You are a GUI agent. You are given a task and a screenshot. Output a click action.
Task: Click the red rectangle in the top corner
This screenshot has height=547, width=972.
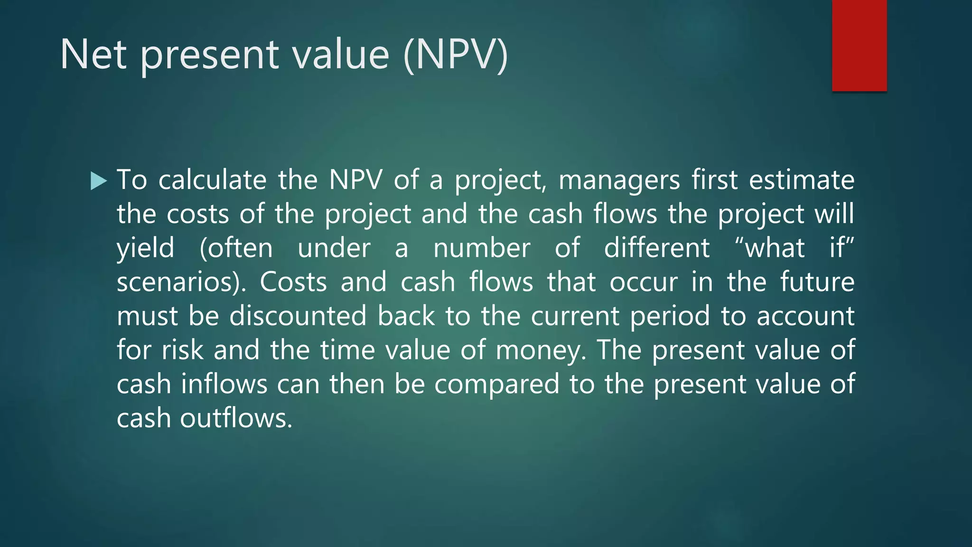click(x=859, y=45)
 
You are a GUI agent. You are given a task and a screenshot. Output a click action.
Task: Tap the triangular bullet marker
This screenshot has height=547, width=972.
click(x=98, y=181)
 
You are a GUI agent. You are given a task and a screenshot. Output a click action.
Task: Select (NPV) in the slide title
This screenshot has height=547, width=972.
click(x=455, y=56)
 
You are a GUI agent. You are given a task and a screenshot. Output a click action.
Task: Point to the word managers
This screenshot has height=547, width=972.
click(x=619, y=180)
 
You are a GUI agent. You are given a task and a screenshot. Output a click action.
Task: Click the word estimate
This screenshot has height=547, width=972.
click(x=802, y=180)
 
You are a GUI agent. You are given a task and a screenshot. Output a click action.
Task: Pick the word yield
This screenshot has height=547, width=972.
click(x=145, y=248)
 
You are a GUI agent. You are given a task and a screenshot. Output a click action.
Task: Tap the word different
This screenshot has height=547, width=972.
click(x=657, y=248)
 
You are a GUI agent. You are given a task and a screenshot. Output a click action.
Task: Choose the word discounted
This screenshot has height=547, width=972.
click(x=298, y=316)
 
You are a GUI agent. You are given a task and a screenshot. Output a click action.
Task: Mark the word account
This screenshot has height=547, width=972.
click(x=805, y=316)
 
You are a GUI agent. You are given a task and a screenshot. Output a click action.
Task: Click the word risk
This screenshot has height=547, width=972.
click(x=182, y=350)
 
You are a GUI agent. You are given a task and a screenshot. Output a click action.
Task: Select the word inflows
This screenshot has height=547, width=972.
click(x=224, y=384)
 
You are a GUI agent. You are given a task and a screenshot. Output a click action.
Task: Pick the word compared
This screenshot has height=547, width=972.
click(x=496, y=384)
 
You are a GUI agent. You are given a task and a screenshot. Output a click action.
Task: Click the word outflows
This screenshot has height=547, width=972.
click(x=235, y=418)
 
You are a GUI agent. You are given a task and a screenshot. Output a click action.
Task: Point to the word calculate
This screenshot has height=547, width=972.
click(x=213, y=180)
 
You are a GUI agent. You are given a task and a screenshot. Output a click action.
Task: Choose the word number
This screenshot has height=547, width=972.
click(x=482, y=248)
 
